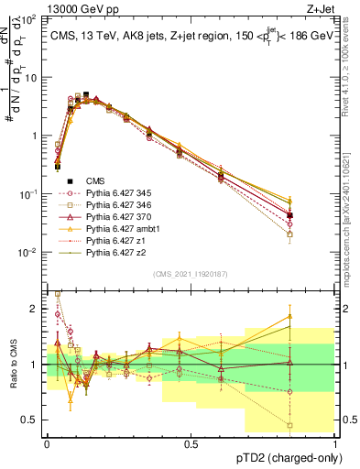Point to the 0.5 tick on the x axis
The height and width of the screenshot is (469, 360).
point(191,442)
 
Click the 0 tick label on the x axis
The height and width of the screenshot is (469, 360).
point(47,442)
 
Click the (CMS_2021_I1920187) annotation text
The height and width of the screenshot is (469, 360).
point(190,273)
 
